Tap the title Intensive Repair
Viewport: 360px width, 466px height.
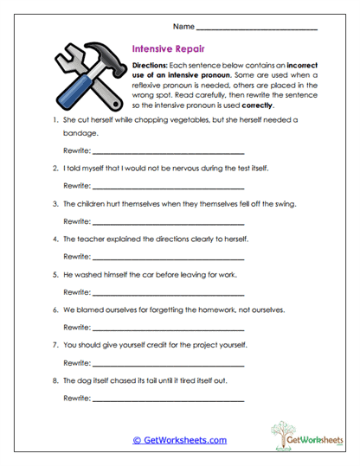coord(167,50)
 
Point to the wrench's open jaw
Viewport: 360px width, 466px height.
coord(66,57)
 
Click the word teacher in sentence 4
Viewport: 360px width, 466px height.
coord(91,240)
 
